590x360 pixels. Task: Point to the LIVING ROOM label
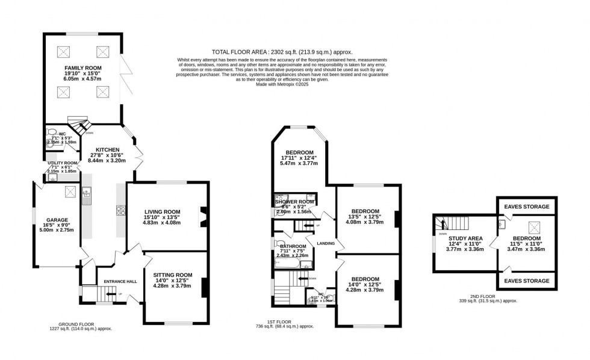pyautogui.click(x=162, y=211)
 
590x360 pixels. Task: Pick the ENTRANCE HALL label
pyautogui.click(x=120, y=282)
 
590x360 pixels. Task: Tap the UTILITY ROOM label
pyautogui.click(x=63, y=163)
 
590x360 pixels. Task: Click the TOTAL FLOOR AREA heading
pyautogui.click(x=282, y=52)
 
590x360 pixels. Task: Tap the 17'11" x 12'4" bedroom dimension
pyautogui.click(x=299, y=158)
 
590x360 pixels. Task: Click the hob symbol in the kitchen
pyautogui.click(x=120, y=210)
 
